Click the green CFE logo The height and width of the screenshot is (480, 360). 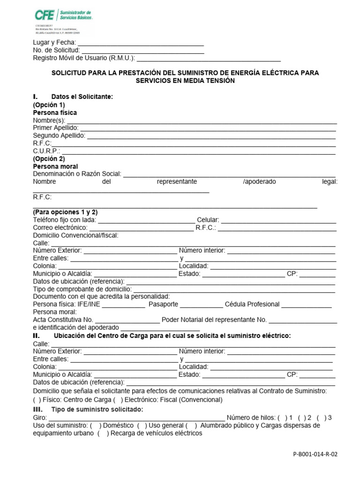pos(45,15)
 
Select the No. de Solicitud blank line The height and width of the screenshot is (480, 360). pos(142,51)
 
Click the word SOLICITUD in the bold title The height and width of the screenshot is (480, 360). pos(69,73)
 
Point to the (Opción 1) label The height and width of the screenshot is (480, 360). pos(49,105)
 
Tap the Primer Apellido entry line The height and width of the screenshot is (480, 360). pos(209,128)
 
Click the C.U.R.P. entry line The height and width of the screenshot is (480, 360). pos(199,151)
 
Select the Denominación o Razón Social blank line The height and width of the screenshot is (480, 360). pos(229,174)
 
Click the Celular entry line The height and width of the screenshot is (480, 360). pos(278,220)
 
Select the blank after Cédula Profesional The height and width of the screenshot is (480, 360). pos(307,305)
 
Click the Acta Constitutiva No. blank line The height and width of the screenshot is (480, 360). pos(127,320)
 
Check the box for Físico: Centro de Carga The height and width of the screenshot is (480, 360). pos(37,400)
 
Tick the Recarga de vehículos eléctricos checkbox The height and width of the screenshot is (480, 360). pos(103,434)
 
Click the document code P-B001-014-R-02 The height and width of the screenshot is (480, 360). pos(315,455)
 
